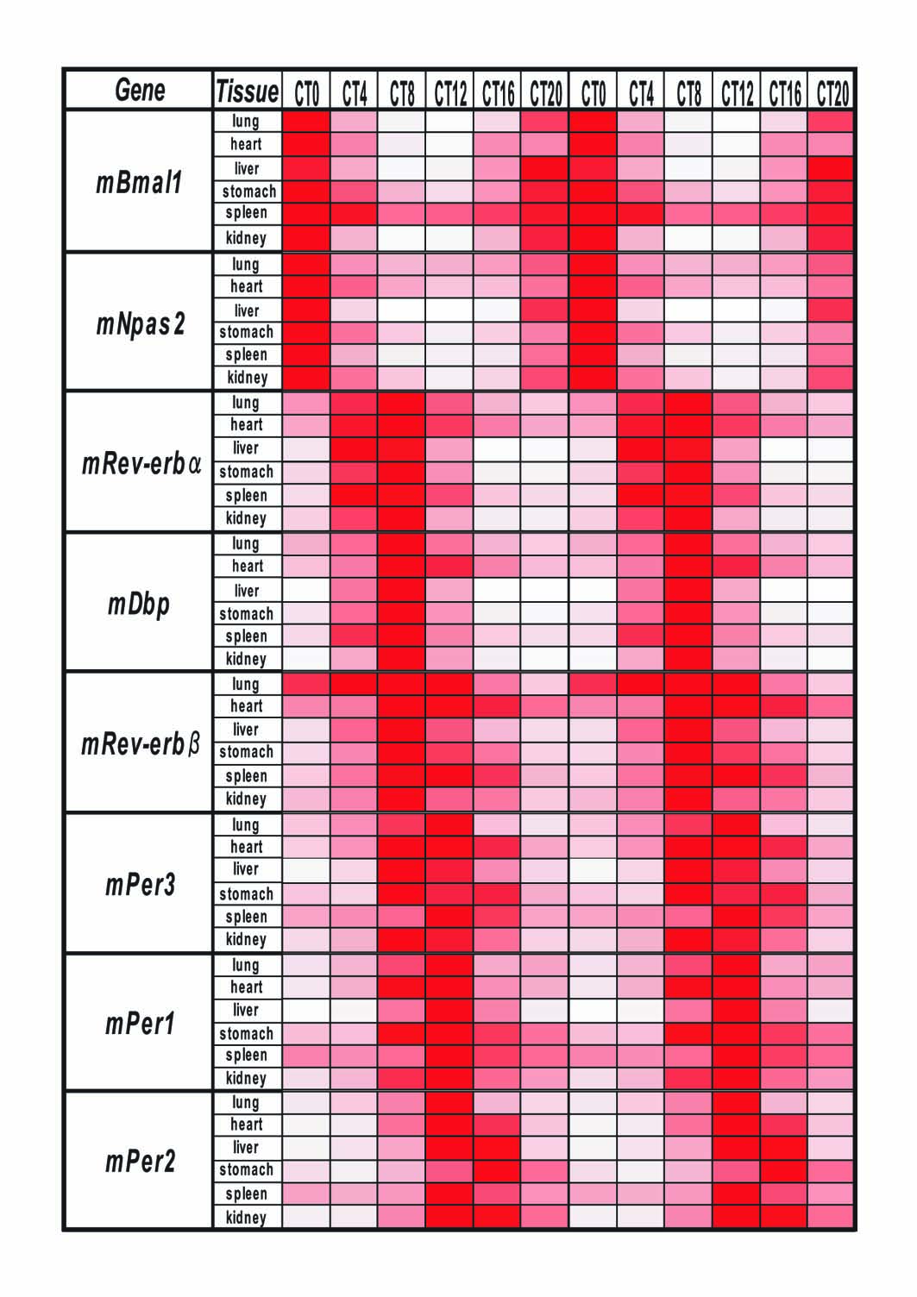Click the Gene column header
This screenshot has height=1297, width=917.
(x=140, y=91)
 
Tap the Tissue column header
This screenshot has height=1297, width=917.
(x=248, y=91)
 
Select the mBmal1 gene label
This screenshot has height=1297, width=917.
(x=139, y=183)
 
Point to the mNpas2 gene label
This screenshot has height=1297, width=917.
(x=141, y=323)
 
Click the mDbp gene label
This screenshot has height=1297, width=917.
(x=138, y=605)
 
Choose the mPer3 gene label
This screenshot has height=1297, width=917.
(x=140, y=885)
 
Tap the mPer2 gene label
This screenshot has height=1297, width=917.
(x=140, y=1161)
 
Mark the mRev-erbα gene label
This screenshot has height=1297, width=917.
(x=141, y=464)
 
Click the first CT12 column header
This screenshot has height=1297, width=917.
(x=450, y=92)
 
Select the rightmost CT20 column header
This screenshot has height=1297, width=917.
(x=832, y=92)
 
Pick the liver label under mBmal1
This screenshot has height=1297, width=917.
(x=246, y=168)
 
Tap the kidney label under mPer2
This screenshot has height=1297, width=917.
(x=246, y=1217)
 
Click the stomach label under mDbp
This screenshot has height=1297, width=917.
(x=246, y=613)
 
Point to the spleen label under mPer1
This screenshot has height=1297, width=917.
(x=246, y=1056)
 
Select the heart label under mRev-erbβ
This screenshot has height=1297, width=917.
(x=246, y=705)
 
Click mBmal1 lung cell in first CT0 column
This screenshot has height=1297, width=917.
(x=306, y=121)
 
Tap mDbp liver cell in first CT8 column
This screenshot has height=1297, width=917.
(x=401, y=590)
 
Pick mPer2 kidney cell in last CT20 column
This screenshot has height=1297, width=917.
(x=831, y=1216)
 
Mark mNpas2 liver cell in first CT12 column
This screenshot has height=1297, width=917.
(x=449, y=310)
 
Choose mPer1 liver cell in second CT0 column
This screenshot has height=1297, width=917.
(x=593, y=1011)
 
